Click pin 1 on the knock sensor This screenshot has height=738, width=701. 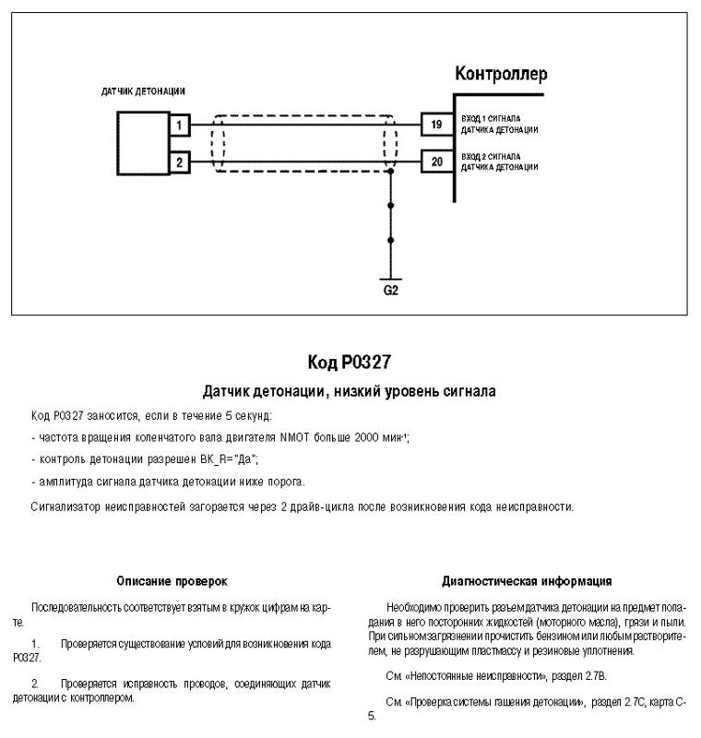pos(180,125)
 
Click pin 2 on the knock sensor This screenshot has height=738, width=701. pos(180,162)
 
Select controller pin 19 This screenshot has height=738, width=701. pos(436,125)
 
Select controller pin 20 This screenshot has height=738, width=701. pos(436,162)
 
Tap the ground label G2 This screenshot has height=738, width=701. pos(390,291)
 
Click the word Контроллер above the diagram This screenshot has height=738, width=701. pos(501,73)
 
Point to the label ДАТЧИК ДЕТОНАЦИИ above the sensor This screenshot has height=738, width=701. pos(143,91)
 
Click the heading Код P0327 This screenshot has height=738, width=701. pos(350,362)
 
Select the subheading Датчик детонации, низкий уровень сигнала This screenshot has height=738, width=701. pos(350,391)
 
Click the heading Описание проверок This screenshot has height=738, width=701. pos(172,581)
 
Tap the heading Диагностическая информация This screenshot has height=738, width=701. pos(527,581)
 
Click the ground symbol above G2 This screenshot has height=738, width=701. pos(390,277)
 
